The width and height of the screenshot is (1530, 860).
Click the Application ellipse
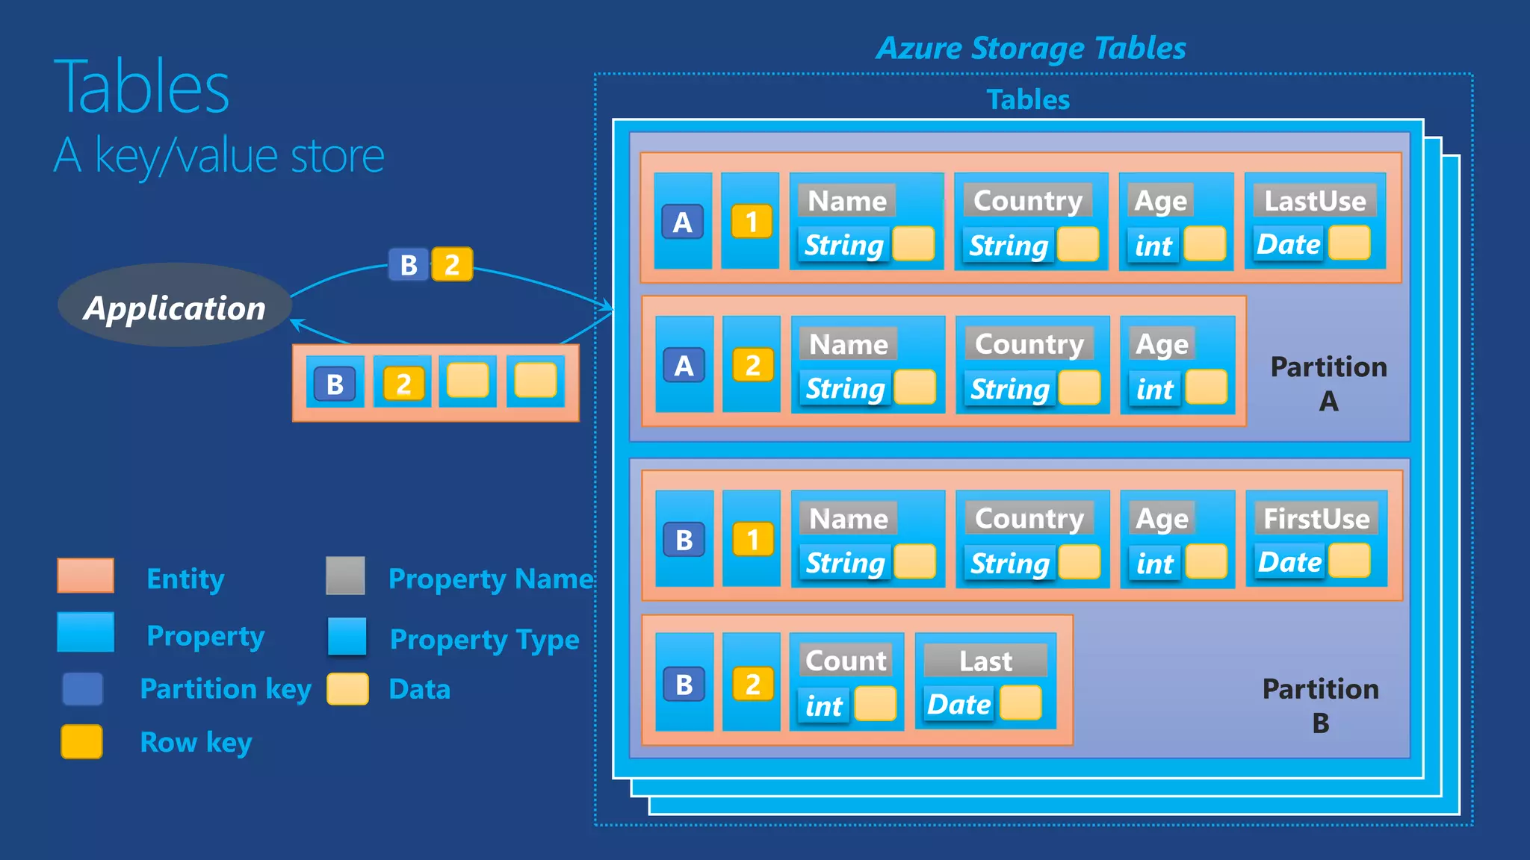[x=174, y=305]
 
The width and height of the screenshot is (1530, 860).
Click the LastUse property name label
[x=1314, y=201]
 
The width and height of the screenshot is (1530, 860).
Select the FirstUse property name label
[x=1316, y=518]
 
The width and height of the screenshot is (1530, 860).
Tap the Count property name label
[x=846, y=661]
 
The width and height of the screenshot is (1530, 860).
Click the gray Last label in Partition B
[x=985, y=661]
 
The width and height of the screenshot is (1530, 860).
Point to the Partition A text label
[x=1328, y=383]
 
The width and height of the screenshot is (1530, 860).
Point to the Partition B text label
[x=1320, y=705]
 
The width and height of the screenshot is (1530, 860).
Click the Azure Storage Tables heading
[x=1031, y=49]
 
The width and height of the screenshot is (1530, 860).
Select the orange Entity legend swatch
[x=86, y=576]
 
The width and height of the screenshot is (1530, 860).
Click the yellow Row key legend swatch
[x=82, y=741]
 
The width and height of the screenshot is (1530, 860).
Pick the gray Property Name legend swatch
[x=345, y=576]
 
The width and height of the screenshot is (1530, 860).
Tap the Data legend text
[x=419, y=689]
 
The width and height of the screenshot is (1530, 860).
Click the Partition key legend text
[x=225, y=688]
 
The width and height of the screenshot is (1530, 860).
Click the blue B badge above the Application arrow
[x=409, y=265]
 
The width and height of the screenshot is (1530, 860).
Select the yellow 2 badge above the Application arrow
[x=452, y=265]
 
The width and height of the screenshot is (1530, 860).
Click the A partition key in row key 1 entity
[x=682, y=222]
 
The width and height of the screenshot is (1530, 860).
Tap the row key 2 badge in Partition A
[x=752, y=365]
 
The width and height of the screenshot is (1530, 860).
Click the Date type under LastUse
[x=1288, y=245]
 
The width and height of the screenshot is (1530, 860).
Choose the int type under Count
[x=823, y=705]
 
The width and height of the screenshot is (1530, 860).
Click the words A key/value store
[x=219, y=156]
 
